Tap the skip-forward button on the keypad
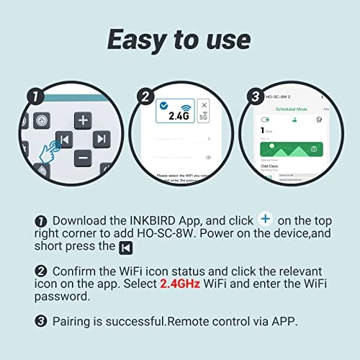[x=102, y=138]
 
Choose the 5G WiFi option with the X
[x=204, y=113]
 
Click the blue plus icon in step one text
[x=266, y=218]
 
